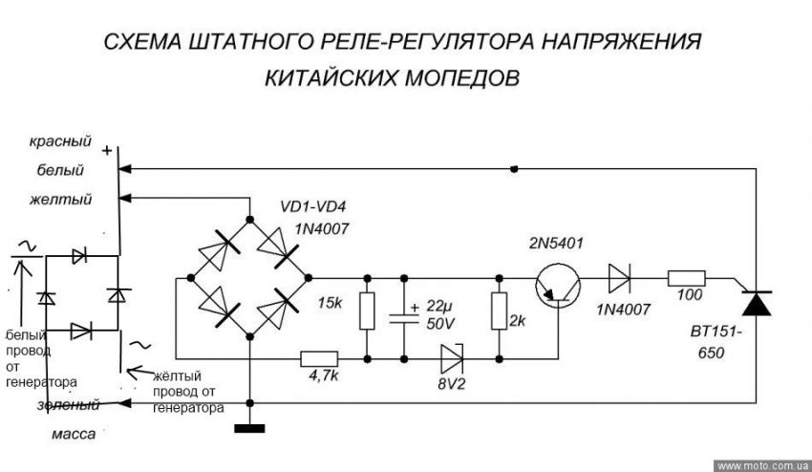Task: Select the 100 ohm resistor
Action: pos(686,278)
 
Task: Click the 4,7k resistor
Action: pos(317,359)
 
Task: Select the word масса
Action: pos(75,435)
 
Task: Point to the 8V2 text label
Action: pos(451,388)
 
